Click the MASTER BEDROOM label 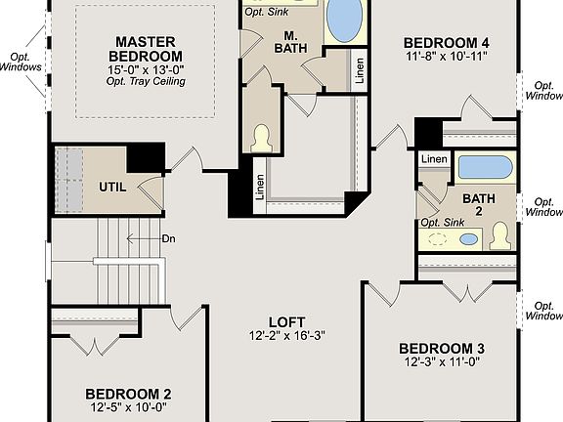pos(146,50)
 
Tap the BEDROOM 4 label pos(446,42)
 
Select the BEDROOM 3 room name pos(441,348)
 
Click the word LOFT pos(286,322)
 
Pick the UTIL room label pos(112,187)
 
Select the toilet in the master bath pos(261,138)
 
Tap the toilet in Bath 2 pos(500,235)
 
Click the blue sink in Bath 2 pos(469,238)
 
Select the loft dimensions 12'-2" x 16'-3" pos(286,336)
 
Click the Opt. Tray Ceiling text pos(146,81)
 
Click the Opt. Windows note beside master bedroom pos(20,63)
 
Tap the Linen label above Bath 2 pos(435,158)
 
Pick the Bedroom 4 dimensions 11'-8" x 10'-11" pos(446,57)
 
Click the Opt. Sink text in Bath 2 pos(439,223)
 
